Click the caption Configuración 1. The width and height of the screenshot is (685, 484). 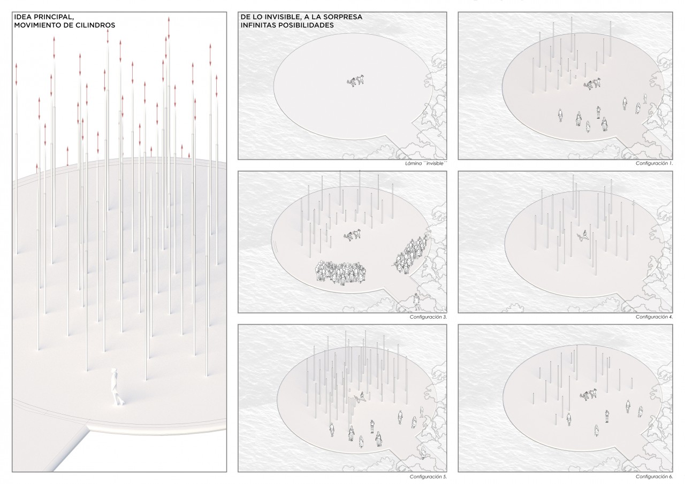(654, 164)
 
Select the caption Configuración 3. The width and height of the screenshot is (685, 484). (428, 317)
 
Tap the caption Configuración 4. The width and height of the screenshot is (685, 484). (654, 317)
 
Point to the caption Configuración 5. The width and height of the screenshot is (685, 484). (428, 477)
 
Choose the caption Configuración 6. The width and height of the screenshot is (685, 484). (654, 477)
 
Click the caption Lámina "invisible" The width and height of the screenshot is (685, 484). (426, 164)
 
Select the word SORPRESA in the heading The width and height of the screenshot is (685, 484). (344, 17)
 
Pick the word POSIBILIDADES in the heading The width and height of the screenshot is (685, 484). (307, 25)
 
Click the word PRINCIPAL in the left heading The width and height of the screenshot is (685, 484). (52, 17)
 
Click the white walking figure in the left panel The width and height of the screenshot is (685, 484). (117, 387)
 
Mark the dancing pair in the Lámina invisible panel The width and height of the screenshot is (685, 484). (355, 81)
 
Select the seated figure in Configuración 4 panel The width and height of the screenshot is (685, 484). (583, 236)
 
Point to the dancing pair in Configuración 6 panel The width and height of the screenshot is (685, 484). (588, 395)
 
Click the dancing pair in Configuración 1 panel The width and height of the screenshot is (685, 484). (592, 84)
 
